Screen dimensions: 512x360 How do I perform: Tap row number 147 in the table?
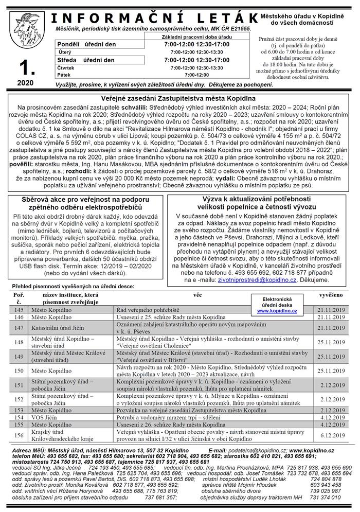(20, 327)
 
